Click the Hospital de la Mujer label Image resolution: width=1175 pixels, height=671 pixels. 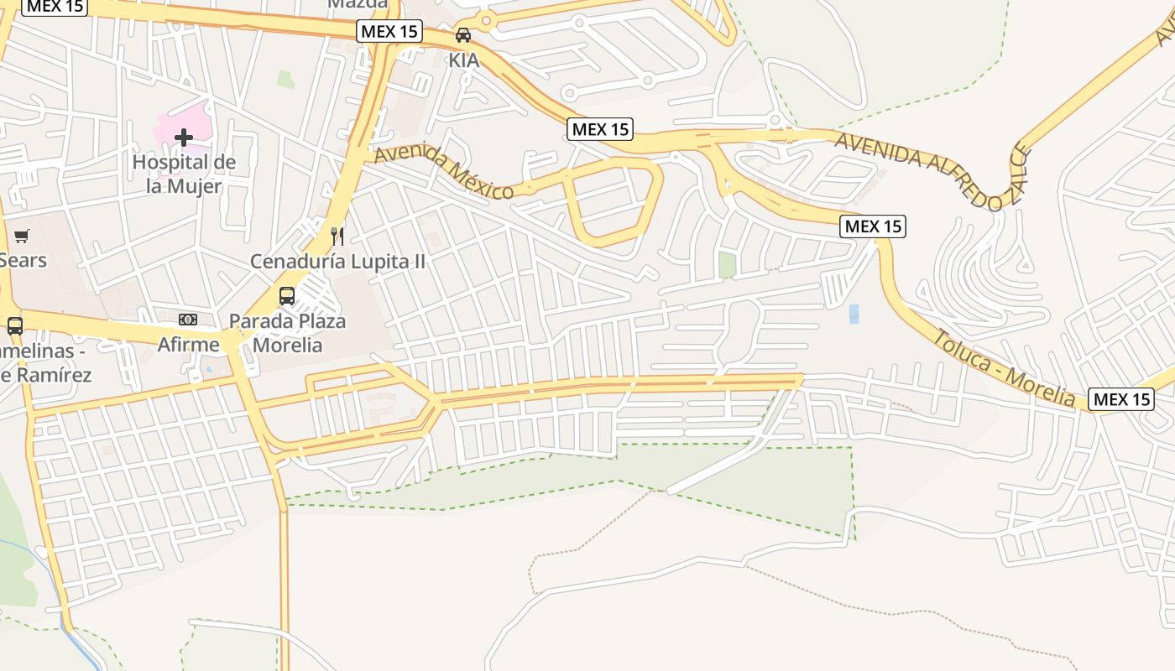pos(184,174)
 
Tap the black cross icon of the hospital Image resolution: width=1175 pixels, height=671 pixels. pos(184,137)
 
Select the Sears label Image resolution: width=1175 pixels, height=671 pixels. pos(23,260)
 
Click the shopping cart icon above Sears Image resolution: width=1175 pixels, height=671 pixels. pos(21,236)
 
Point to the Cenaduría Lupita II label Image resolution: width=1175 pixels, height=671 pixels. pos(337,262)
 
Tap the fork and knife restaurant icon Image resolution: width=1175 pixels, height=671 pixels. pos(337,236)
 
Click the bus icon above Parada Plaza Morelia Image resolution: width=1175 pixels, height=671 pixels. pos(287,296)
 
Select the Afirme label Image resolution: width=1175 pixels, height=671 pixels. pos(189,344)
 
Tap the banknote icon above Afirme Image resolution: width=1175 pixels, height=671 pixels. pos(189,320)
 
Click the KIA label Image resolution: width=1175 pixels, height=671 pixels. pos(463,60)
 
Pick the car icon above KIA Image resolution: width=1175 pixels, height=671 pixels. pos(463,35)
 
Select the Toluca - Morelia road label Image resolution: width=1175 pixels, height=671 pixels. pos(1004,367)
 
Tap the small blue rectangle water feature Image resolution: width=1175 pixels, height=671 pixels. pos(854,315)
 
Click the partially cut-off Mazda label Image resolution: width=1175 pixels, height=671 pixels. pos(358,4)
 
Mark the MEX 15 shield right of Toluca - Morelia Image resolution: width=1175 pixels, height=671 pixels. pos(1120,399)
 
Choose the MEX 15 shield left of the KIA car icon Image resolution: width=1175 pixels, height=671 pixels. pos(389,32)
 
